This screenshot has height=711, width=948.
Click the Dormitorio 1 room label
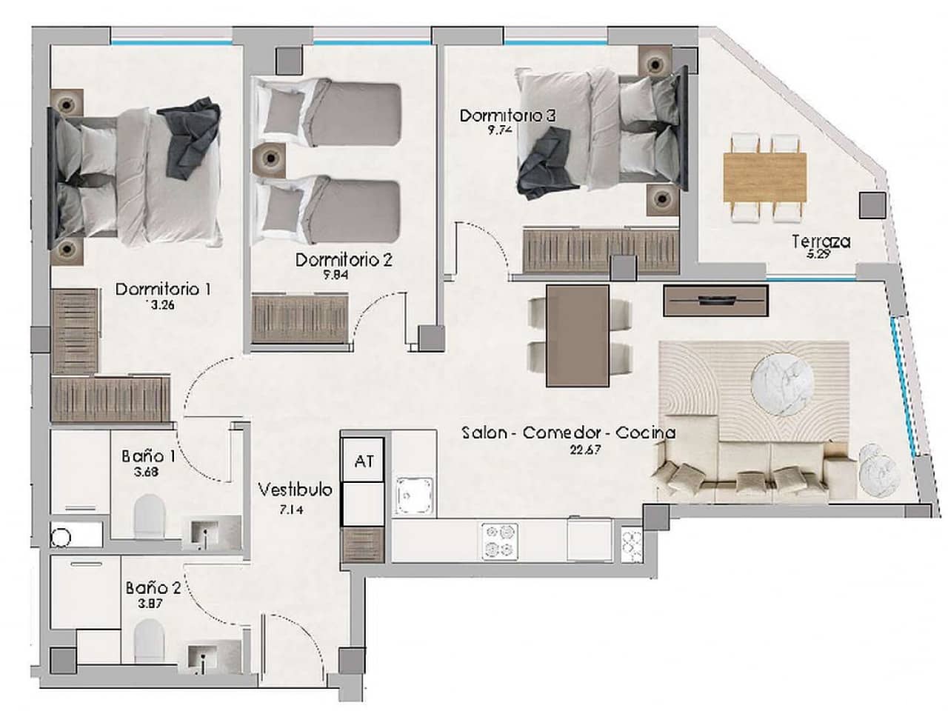[163, 289]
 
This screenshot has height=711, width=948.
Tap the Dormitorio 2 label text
[344, 260]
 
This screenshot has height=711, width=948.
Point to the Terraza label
[821, 241]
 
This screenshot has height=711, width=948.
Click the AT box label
[364, 461]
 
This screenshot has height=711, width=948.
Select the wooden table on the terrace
[764, 178]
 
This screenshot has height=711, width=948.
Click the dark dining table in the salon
[578, 336]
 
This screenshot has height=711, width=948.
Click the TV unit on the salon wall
[715, 300]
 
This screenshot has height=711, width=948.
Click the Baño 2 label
[153, 588]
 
